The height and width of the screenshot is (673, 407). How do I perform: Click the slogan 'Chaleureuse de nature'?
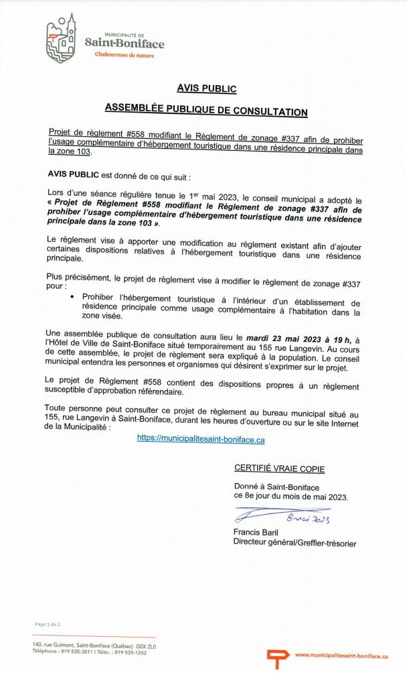click(x=124, y=56)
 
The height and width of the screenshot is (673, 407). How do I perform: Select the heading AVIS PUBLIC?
click(x=206, y=88)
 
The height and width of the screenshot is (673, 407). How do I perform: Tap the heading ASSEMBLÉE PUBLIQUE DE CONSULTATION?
click(x=206, y=112)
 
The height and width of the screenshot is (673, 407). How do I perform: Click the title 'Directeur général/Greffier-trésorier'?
click(x=294, y=543)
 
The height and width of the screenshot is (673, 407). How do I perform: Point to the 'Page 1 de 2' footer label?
click(x=48, y=625)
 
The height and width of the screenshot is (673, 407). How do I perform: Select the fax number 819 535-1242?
click(x=131, y=652)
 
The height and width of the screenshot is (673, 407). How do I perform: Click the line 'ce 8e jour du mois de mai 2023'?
click(x=291, y=497)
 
